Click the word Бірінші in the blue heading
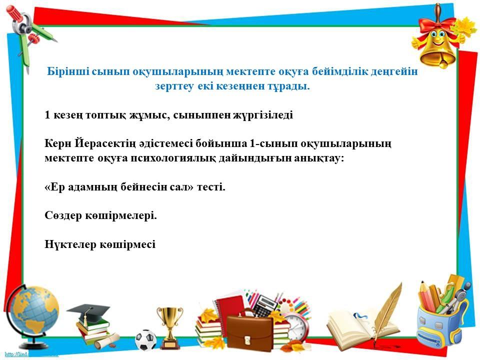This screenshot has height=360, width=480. (68, 71)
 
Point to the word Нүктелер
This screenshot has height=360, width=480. (70, 244)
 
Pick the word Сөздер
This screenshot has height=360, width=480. (63, 215)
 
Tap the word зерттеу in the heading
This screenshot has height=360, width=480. (174, 86)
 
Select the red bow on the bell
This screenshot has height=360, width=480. (436, 24)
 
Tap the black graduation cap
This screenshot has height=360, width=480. (88, 310)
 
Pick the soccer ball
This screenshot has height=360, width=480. (145, 340)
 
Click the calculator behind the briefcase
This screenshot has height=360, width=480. (265, 304)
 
